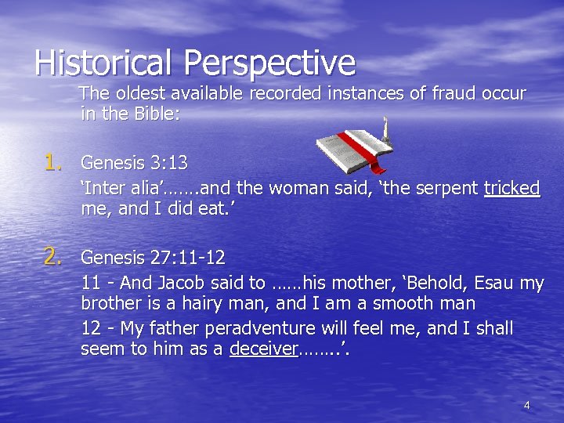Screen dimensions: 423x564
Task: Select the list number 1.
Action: [53, 162]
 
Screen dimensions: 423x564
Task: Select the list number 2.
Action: [53, 256]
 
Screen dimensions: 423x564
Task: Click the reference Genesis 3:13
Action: [134, 163]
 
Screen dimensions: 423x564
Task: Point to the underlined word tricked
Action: [512, 188]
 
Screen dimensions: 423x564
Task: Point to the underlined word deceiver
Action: [263, 349]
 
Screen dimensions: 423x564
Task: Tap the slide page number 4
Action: [526, 405]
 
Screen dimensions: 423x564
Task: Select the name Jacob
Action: [197, 283]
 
